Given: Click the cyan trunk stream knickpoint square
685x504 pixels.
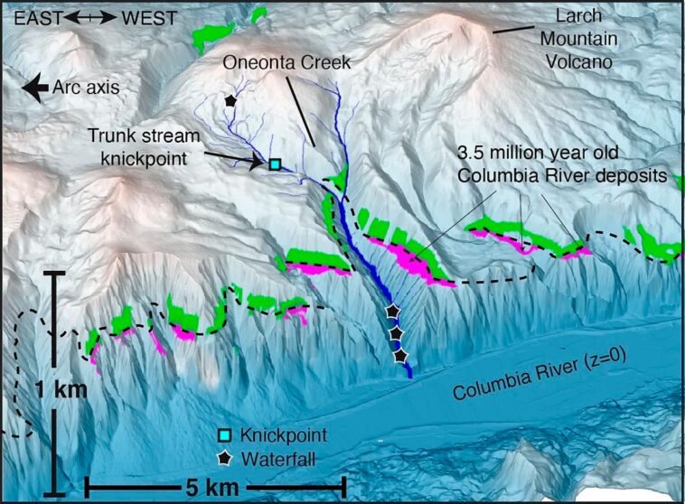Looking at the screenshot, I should (x=275, y=164).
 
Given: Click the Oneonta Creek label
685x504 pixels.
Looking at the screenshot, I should (x=274, y=61).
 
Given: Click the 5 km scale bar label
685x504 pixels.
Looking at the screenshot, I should (x=213, y=489).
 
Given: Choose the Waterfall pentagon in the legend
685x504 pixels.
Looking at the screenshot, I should (x=224, y=459).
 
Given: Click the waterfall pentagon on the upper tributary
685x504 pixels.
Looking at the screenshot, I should (x=231, y=100).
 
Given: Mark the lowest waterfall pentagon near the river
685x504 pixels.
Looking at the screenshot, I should (x=400, y=357).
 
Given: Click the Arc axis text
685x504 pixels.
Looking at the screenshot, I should (x=86, y=88).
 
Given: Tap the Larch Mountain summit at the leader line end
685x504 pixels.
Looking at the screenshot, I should (x=493, y=30).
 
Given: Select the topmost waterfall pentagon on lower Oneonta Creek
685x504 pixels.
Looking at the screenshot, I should (x=390, y=311).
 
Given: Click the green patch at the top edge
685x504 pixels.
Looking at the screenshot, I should (x=260, y=13).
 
